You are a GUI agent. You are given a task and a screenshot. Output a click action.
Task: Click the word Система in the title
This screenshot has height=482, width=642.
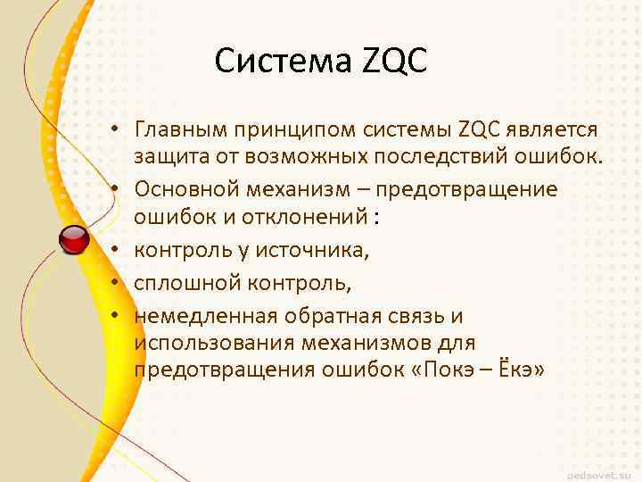click(284, 62)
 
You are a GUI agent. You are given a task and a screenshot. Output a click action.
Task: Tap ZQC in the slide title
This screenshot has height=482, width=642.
click(395, 62)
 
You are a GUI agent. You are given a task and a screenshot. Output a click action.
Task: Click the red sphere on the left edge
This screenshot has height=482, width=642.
click(74, 238)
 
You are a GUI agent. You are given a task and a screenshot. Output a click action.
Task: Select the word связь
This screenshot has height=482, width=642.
click(416, 315)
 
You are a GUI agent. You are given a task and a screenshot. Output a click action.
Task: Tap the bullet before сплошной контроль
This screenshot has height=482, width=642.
click(117, 285)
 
